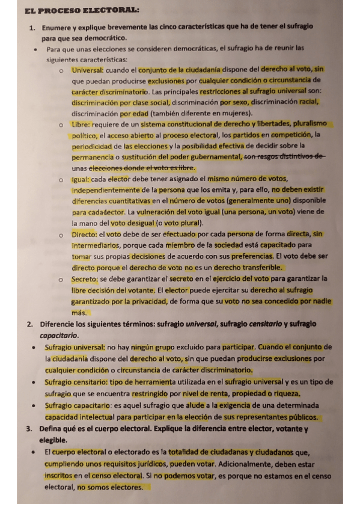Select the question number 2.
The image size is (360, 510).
pos(30,324)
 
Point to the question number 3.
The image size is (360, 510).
pos(29,429)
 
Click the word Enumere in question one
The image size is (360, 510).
pos(55,28)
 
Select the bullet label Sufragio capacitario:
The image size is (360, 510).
pos(76,405)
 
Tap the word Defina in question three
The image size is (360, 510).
pos(52,429)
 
